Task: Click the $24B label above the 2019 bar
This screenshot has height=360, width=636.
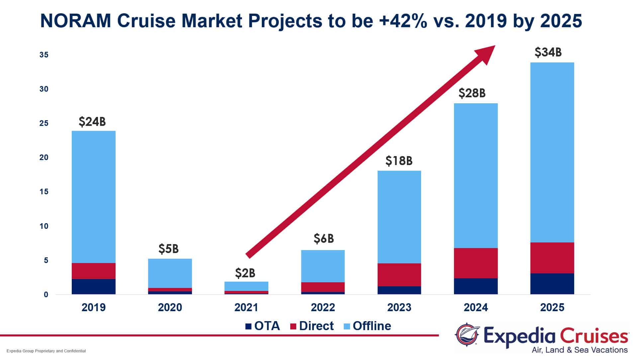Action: (x=92, y=122)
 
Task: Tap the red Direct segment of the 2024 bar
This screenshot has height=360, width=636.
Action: (x=476, y=263)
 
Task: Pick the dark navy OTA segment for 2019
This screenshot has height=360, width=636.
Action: (x=93, y=286)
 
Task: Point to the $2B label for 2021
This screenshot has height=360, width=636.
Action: (x=245, y=273)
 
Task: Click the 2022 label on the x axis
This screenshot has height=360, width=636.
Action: (x=323, y=308)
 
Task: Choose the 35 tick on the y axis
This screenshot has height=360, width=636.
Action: (x=44, y=55)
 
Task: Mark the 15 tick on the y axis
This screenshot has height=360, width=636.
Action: (x=44, y=192)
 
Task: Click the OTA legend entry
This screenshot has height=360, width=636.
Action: (x=262, y=326)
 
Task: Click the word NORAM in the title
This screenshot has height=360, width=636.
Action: (x=75, y=21)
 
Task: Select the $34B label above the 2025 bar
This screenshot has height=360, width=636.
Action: (x=548, y=52)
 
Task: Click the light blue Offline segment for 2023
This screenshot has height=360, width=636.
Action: (x=399, y=217)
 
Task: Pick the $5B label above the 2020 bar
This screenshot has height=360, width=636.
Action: (x=168, y=249)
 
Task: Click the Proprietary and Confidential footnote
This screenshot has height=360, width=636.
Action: (x=46, y=351)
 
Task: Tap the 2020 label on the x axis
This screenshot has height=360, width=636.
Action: (x=170, y=308)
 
